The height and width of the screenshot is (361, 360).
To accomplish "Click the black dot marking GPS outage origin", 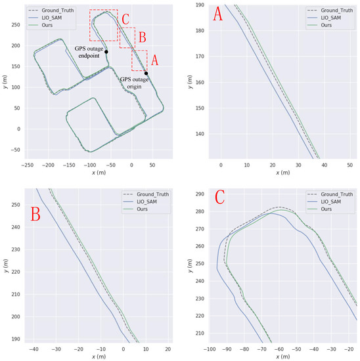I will (146, 74).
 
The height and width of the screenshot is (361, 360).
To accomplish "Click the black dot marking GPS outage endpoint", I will (106, 52).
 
